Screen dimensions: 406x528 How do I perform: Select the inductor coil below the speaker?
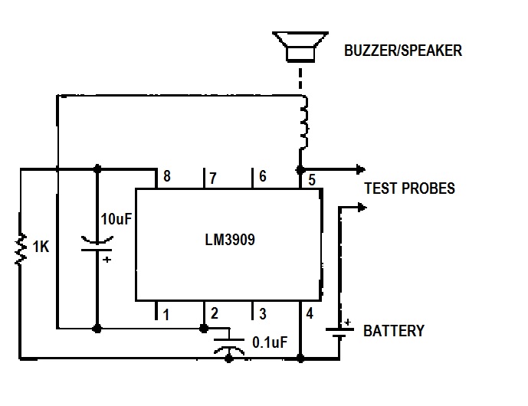[x=304, y=124]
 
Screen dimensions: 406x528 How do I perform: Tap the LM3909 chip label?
[x=230, y=240]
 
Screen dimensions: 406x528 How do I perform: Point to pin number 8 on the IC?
[x=167, y=178]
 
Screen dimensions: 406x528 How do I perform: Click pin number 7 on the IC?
[x=213, y=178]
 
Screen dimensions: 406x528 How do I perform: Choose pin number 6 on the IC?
[x=263, y=177]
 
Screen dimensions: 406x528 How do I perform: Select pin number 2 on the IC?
[x=215, y=313]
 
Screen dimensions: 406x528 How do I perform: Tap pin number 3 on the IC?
[x=263, y=313]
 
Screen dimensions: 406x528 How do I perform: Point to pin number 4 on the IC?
[x=310, y=313]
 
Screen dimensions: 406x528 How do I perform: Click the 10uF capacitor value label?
[x=116, y=218]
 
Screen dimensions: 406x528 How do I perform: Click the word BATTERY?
[x=393, y=332]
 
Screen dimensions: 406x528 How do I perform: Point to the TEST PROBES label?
[x=409, y=188]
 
